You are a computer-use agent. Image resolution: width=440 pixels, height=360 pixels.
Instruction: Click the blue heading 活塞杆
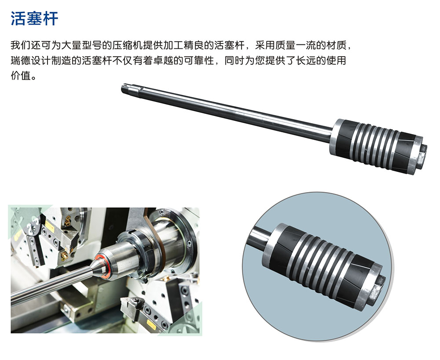(x=34, y=19)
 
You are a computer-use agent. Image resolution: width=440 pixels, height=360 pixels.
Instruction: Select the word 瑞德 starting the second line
(x=21, y=60)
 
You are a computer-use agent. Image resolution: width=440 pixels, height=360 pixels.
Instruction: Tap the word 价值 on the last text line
(x=21, y=76)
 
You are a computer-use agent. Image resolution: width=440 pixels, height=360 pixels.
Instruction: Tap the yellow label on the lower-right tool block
(x=151, y=324)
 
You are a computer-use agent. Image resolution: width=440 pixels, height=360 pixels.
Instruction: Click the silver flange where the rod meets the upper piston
(x=335, y=136)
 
